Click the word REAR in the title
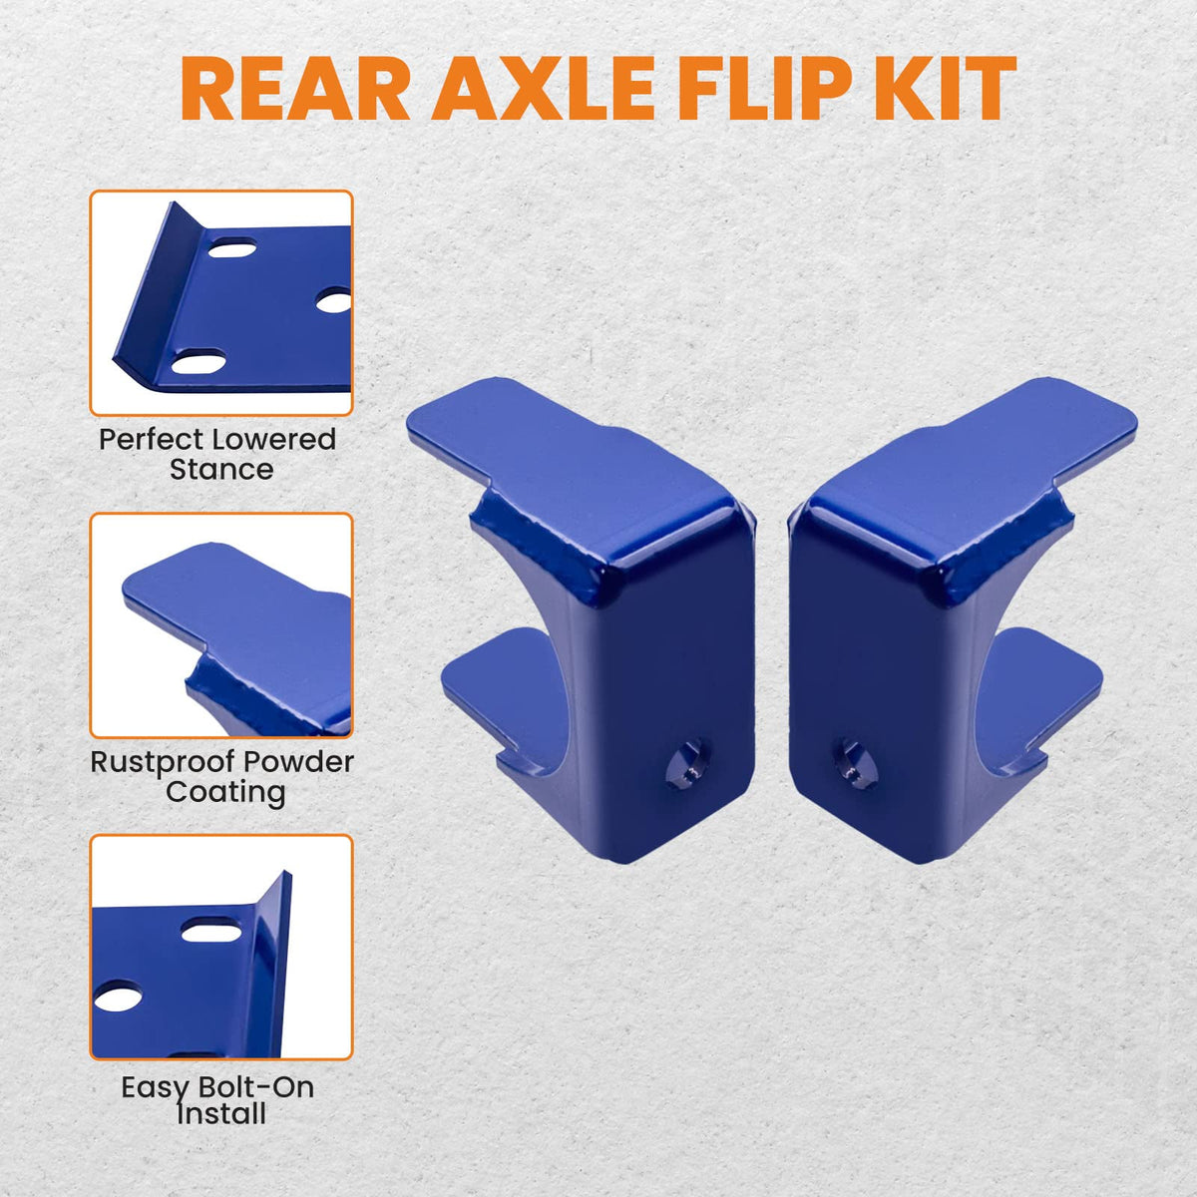click(x=295, y=89)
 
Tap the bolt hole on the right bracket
click(x=855, y=765)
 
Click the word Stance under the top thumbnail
click(x=221, y=470)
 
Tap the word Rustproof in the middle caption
click(x=164, y=762)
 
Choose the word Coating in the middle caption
click(x=226, y=792)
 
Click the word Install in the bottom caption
click(x=221, y=1113)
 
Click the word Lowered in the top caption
click(x=275, y=439)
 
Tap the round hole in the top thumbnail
click(x=334, y=302)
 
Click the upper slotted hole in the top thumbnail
click(x=232, y=249)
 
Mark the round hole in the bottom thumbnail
click(x=117, y=995)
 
